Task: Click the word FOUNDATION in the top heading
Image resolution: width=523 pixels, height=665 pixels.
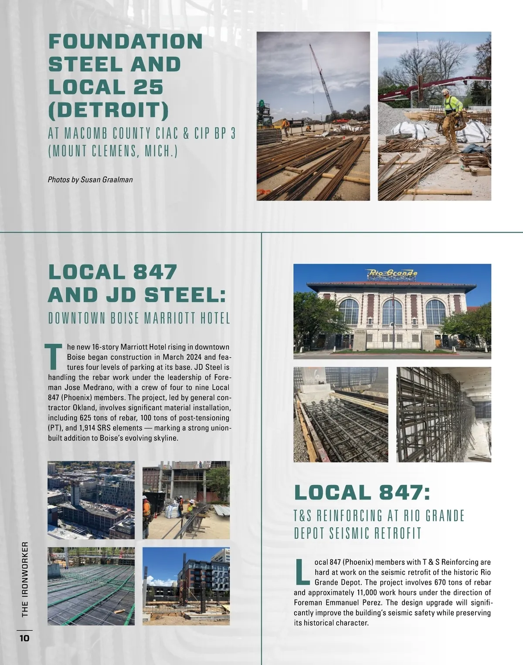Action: (126, 42)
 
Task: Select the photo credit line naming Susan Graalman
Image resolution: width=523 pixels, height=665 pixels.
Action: (90, 179)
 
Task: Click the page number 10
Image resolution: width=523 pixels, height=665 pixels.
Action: (24, 638)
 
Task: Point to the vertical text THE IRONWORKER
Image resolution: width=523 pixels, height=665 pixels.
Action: (25, 579)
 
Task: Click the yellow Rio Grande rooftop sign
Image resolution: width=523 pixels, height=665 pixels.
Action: (393, 273)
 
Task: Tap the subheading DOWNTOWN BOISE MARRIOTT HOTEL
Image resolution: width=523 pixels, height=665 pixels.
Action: (139, 318)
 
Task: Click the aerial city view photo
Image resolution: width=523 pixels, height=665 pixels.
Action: (91, 500)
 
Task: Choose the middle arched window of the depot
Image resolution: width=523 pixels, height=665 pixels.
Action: (392, 312)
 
